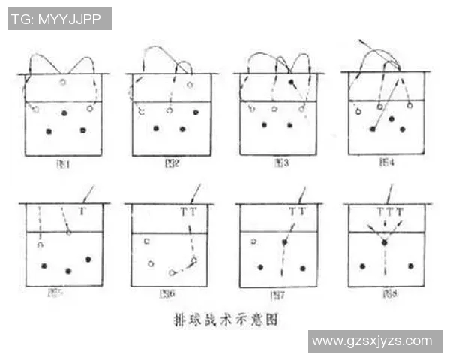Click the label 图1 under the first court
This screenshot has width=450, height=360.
pyautogui.click(x=63, y=162)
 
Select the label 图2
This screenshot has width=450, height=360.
pyautogui.click(x=171, y=162)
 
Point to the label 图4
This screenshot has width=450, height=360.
pyautogui.click(x=388, y=162)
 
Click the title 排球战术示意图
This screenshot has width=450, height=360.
pyautogui.click(x=223, y=319)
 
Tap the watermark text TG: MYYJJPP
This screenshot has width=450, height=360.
pyautogui.click(x=59, y=19)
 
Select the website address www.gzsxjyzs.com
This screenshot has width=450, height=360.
pyautogui.click(x=372, y=340)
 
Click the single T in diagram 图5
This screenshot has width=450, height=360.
pyautogui.click(x=82, y=212)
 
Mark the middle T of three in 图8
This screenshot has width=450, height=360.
pyautogui.click(x=389, y=212)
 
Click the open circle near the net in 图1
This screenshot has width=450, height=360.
pyautogui.click(x=63, y=81)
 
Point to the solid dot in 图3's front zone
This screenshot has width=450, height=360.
pyautogui.click(x=291, y=81)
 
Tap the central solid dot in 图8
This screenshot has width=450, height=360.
pyautogui.click(x=385, y=242)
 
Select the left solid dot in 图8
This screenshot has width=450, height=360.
pyautogui.click(x=362, y=265)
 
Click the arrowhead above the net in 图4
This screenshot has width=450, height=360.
pyautogui.click(x=361, y=39)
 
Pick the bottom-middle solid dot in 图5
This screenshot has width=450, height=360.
pyautogui.click(x=68, y=270)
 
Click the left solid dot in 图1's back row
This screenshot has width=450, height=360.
pyautogui.click(x=49, y=131)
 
